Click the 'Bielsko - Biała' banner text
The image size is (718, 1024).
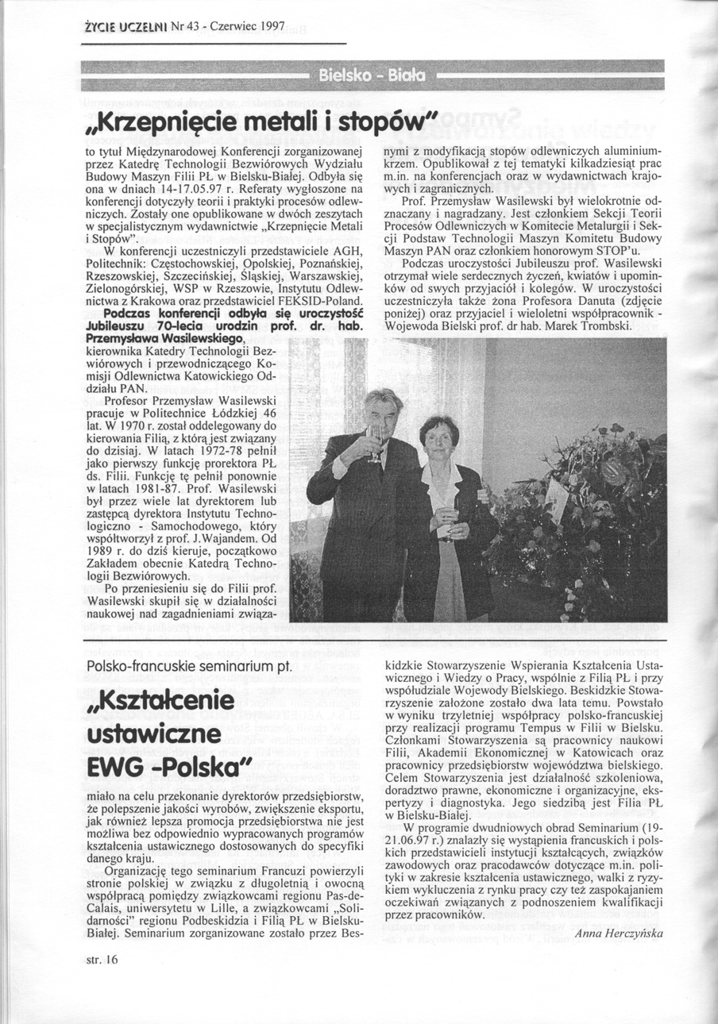point(372,77)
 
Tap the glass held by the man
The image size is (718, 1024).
point(375,441)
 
